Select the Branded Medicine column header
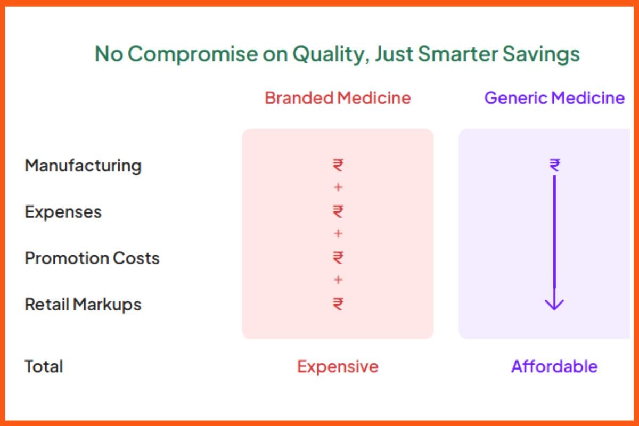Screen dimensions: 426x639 [338, 98]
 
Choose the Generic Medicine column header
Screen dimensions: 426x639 [554, 98]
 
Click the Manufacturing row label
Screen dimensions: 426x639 [83, 166]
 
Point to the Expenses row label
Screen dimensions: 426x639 [63, 212]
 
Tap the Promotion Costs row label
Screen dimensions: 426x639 [92, 258]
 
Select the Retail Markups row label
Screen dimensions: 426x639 [83, 305]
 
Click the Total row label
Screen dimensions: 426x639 [44, 366]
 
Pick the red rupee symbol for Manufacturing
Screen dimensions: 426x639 [338, 166]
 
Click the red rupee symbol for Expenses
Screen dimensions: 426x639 [338, 212]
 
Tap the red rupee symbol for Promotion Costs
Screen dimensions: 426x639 [338, 258]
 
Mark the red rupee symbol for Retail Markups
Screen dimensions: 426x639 [338, 304]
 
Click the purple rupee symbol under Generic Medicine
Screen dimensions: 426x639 [554, 166]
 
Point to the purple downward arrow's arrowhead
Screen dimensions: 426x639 [554, 305]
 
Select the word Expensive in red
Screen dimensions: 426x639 [338, 366]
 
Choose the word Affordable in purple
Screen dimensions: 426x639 [554, 366]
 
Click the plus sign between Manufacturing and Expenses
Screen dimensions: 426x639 [338, 188]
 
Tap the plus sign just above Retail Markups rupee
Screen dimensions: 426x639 [338, 280]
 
